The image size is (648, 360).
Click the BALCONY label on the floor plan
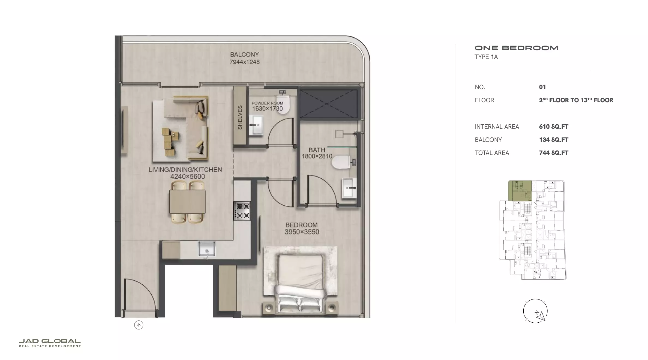(244, 55)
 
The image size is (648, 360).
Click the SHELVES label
(240, 117)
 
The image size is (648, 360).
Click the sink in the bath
(349, 188)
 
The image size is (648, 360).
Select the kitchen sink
(206, 249)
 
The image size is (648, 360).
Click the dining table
(187, 202)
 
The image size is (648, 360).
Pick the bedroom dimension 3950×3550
(302, 232)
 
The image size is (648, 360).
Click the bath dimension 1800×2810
(317, 156)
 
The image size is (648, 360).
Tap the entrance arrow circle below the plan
(139, 325)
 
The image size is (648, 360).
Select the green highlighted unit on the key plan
(520, 191)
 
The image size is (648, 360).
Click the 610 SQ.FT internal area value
(554, 127)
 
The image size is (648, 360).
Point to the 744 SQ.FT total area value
(554, 153)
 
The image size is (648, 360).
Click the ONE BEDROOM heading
(516, 48)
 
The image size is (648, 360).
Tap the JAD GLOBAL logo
(50, 343)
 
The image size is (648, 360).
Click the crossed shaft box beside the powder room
(328, 104)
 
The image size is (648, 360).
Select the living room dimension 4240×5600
(188, 176)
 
